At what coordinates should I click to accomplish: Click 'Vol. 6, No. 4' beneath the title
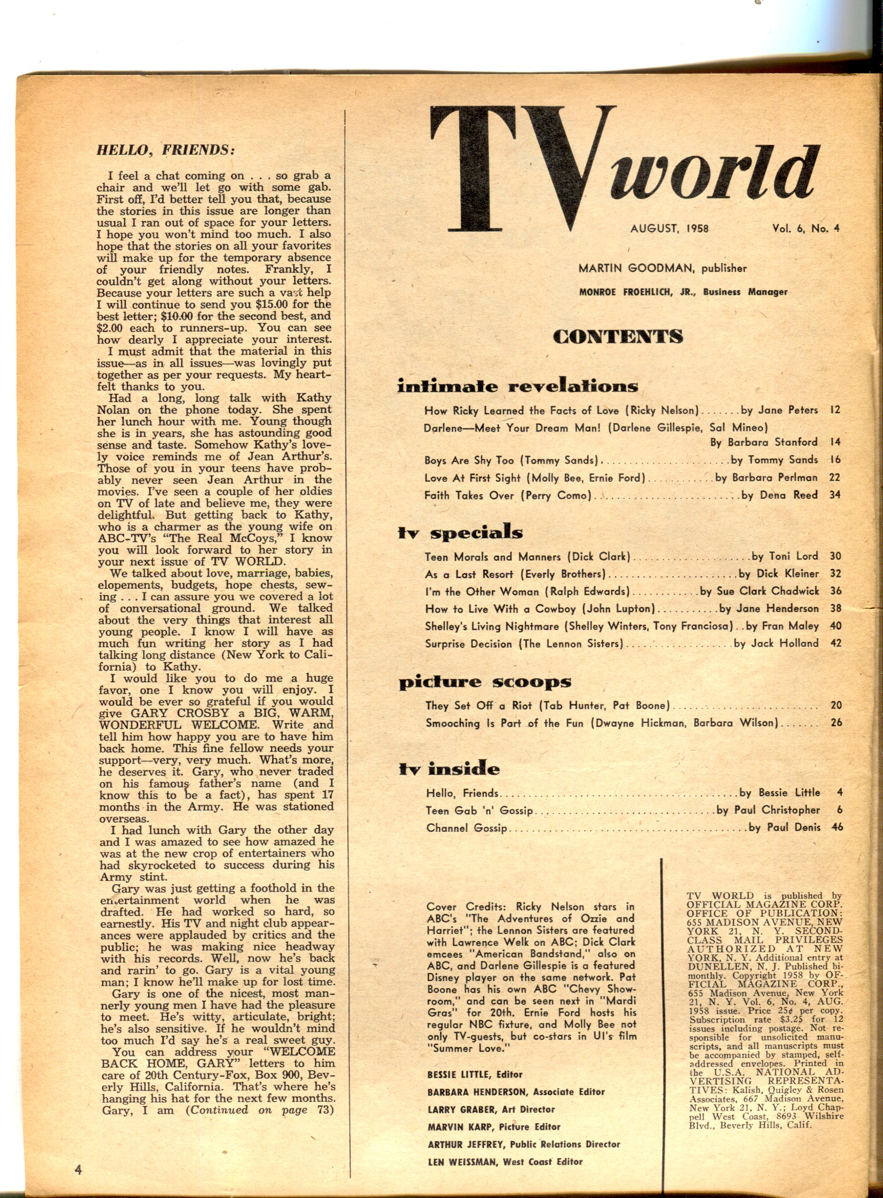(805, 228)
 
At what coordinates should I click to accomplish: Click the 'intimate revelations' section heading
(517, 386)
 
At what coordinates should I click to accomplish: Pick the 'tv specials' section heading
(460, 532)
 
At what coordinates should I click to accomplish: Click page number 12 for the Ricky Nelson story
(835, 410)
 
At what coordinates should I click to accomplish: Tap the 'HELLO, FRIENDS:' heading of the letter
(166, 150)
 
